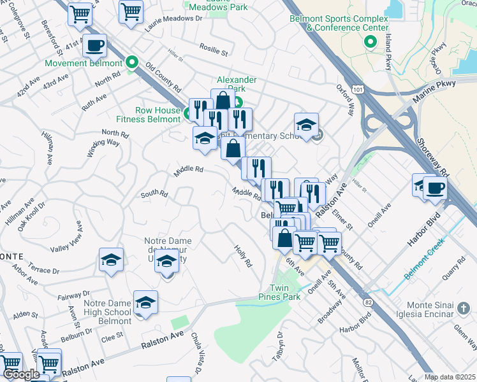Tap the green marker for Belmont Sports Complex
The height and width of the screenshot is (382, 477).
coord(369,43)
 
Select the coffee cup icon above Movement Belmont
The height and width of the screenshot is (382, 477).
coord(94,46)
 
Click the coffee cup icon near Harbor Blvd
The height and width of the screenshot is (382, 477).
coord(435,188)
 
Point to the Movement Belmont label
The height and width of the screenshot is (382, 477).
coord(83,64)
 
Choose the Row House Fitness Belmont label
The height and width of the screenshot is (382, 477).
coord(148,115)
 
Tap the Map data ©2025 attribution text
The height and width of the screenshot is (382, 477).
coord(449,377)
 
